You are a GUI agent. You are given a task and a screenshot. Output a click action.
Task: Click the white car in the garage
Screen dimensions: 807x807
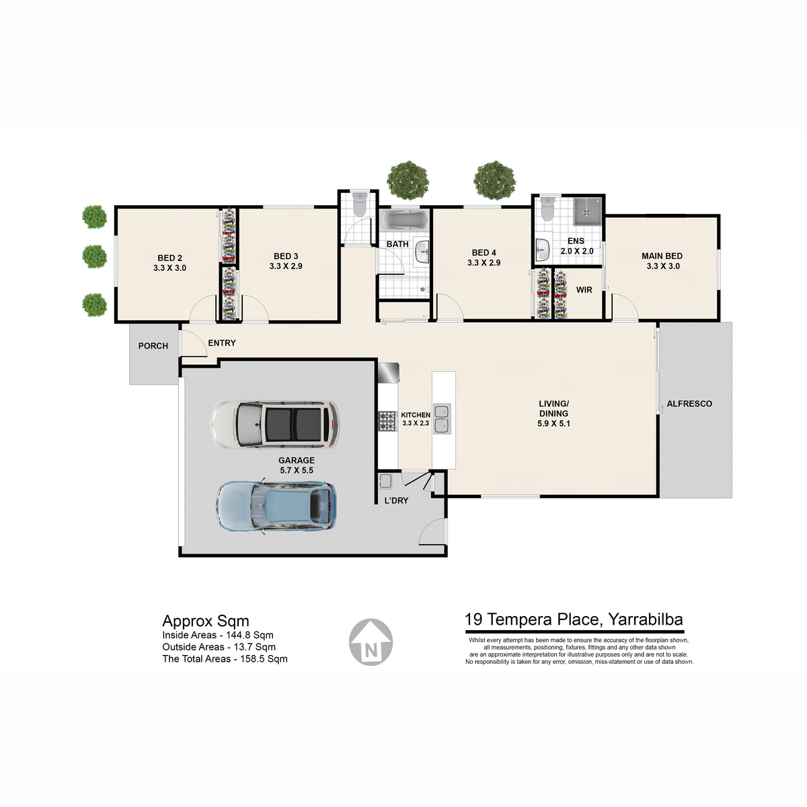[x=275, y=426]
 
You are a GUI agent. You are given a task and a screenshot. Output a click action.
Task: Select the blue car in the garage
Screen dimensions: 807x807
[x=276, y=506]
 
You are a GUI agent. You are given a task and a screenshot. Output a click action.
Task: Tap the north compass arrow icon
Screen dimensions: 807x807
[x=371, y=642]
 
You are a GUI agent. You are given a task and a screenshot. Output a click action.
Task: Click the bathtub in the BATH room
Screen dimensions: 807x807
[x=403, y=220]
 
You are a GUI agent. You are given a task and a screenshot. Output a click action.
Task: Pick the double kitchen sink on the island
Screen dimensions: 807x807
[x=441, y=418]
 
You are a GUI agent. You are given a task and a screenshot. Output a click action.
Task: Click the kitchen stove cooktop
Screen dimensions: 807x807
[x=387, y=421]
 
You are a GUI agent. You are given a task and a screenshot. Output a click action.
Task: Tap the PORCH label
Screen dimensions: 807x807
[x=153, y=346]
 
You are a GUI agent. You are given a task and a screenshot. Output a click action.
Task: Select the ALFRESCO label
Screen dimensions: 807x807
[x=689, y=403]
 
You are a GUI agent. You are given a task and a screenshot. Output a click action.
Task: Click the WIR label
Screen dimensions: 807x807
[x=584, y=290]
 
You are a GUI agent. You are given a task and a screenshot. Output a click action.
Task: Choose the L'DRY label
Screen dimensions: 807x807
[x=396, y=500]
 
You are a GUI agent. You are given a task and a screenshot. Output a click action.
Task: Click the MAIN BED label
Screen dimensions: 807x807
[x=662, y=256]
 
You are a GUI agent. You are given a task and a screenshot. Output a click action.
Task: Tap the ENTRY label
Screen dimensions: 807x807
[x=222, y=343]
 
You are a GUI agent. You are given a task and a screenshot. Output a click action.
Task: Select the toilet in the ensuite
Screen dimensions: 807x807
[x=547, y=208]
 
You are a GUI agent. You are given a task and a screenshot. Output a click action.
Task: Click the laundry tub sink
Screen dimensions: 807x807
[x=385, y=481]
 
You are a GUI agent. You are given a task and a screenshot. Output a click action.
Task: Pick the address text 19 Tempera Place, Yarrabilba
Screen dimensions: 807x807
[x=574, y=619]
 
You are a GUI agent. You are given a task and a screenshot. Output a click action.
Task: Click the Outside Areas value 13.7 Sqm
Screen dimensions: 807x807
[x=255, y=647]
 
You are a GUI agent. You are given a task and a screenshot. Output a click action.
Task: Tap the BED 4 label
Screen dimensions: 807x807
[x=484, y=253]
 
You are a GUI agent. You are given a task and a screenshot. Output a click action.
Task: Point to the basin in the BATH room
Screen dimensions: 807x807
[x=422, y=252]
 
